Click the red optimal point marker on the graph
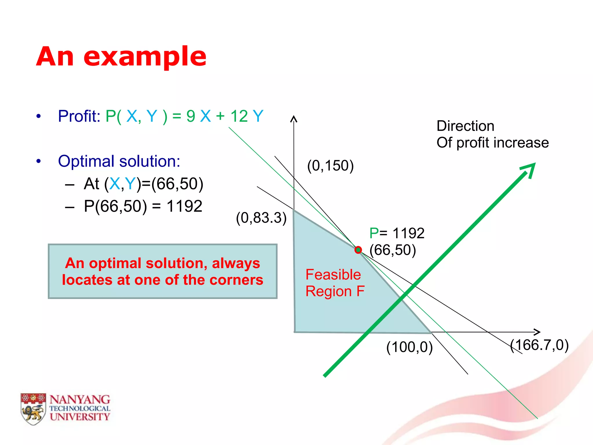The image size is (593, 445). click(x=358, y=250)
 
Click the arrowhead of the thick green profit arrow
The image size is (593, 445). click(x=530, y=169)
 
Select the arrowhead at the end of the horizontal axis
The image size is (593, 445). click(x=537, y=332)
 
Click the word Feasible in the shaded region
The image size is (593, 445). click(x=333, y=275)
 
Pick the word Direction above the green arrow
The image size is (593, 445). click(x=465, y=126)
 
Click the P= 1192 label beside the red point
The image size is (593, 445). click(x=397, y=233)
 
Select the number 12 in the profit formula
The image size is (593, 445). click(x=239, y=116)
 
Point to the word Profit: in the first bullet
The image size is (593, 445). click(x=79, y=116)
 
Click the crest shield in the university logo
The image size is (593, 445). click(x=33, y=408)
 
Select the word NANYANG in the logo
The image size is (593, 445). click(x=80, y=400)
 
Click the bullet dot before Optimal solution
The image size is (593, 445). click(x=39, y=161)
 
